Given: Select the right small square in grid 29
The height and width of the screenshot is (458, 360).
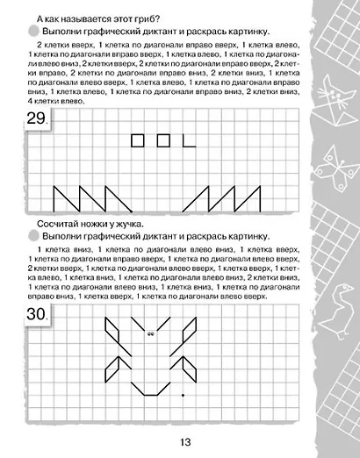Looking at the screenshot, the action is coord(162,139).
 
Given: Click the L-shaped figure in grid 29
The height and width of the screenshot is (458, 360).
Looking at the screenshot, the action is coord(188,140).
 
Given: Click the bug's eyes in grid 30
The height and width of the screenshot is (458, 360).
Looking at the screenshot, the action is coord(152,333).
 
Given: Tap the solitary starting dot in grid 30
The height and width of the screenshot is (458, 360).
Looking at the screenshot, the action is coord(182,396).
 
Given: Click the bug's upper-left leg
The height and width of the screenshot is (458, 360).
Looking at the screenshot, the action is coord(114,333).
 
